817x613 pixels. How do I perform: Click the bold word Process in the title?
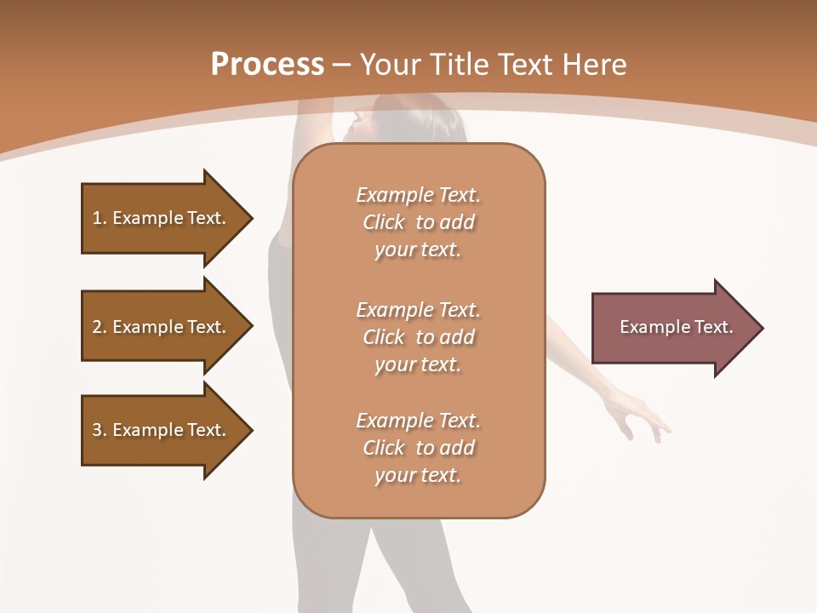point(267,65)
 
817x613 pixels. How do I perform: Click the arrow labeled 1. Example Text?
point(162,218)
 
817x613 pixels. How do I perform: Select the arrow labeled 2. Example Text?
point(162,327)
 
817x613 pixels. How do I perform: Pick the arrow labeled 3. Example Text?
point(162,430)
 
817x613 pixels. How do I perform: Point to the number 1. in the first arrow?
point(100,218)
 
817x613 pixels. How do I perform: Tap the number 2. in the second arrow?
point(100,327)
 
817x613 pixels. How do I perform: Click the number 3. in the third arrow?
point(100,430)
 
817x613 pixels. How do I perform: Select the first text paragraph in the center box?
point(418,222)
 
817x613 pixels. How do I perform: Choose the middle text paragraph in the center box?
point(418,337)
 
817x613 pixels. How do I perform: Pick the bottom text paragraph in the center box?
point(418,448)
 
